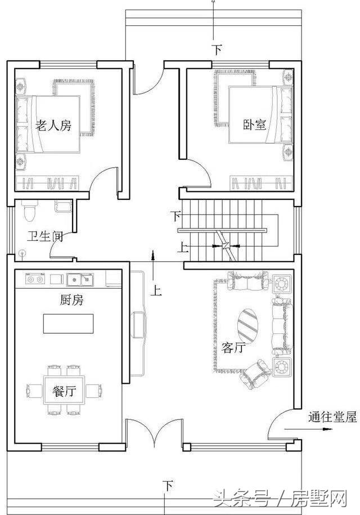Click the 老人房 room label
[x=53, y=126]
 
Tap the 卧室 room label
[x=254, y=124]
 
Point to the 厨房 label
[x=71, y=301]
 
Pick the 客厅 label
[x=234, y=347]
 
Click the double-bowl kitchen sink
[x=79, y=279]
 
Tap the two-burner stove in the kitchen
[x=35, y=279]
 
